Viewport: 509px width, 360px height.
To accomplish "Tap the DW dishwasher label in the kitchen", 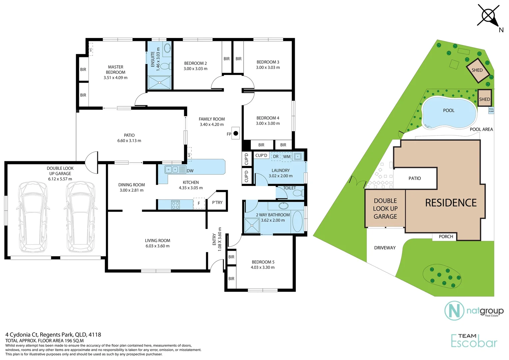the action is (190, 171).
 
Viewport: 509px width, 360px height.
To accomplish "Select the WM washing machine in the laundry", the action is (287, 157).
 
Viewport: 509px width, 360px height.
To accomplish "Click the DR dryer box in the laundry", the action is (276, 157).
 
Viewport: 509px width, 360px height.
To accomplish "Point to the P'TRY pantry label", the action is (217, 202).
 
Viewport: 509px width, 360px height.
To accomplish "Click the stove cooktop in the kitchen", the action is (176, 204).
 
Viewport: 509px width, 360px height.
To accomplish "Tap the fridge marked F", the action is (199, 203).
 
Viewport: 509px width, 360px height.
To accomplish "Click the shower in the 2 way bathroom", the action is (252, 226).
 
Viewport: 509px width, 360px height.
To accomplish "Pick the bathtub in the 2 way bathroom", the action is (297, 221).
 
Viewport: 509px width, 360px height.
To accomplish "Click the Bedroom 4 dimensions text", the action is (268, 123).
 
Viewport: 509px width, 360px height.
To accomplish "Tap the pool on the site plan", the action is (449, 113).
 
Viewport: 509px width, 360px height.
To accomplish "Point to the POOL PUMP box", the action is (491, 111).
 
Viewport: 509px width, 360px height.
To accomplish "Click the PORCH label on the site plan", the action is (446, 237).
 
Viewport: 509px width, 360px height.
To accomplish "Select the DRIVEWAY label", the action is (385, 248).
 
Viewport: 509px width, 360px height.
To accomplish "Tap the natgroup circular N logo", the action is (454, 311).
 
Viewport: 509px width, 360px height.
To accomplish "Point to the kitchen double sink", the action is (172, 169).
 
